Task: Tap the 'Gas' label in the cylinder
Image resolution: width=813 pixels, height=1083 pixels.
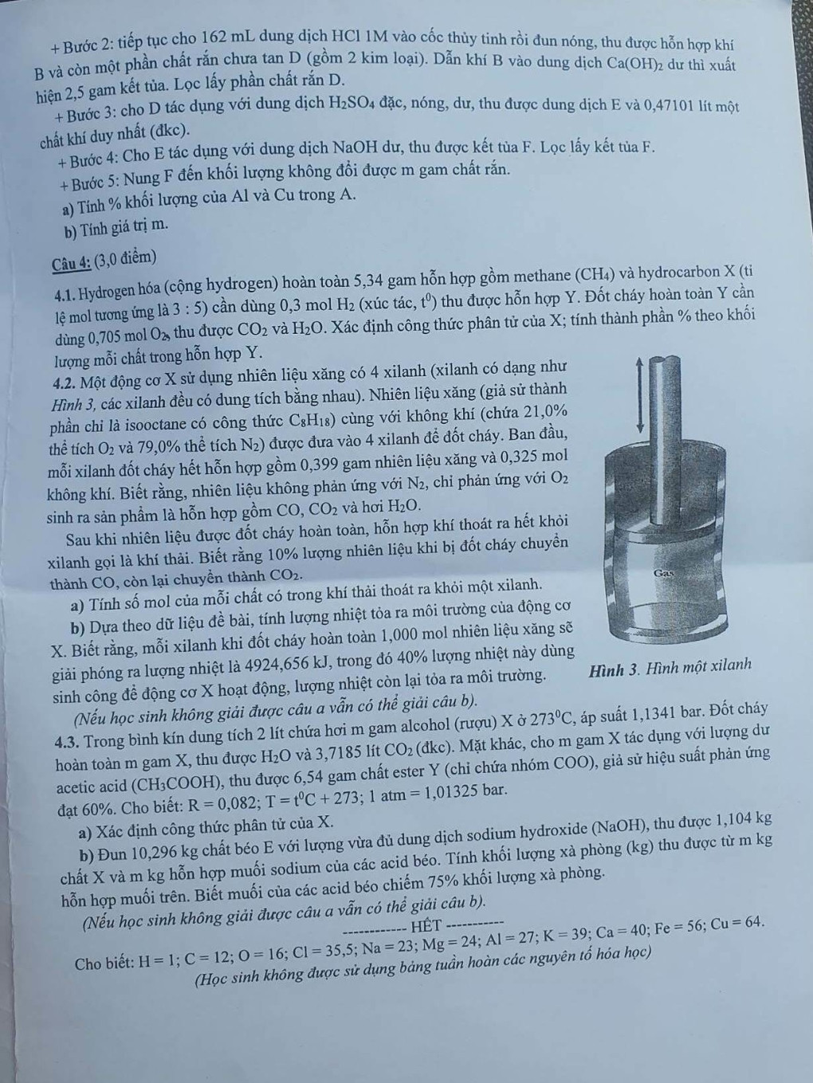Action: (x=664, y=573)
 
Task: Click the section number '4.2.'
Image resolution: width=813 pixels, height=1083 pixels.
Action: (x=65, y=369)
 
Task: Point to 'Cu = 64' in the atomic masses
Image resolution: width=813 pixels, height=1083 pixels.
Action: (x=736, y=923)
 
